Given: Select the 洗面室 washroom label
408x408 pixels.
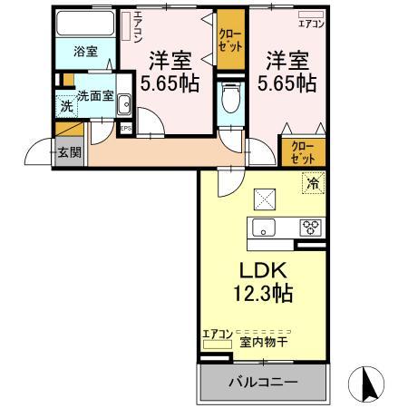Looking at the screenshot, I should (x=94, y=96).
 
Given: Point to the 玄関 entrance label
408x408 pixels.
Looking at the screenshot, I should (x=69, y=151).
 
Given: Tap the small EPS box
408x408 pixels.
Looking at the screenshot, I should (x=125, y=129).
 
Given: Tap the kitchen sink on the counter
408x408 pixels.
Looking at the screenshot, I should (x=264, y=228).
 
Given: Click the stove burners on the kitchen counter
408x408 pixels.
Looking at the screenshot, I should (x=310, y=228).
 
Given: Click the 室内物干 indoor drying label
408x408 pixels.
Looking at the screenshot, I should (x=262, y=341).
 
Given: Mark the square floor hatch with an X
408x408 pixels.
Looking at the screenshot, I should (x=266, y=196).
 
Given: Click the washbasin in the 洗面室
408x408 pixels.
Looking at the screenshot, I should (x=124, y=106).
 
